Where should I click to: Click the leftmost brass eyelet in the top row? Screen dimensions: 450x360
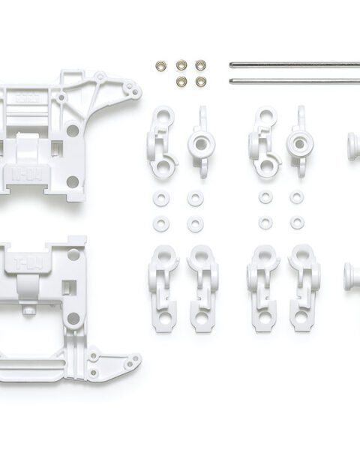click(160, 65)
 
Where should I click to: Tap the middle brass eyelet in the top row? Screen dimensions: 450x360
click(181, 65)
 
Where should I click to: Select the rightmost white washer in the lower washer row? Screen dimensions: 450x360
click(298, 223)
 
